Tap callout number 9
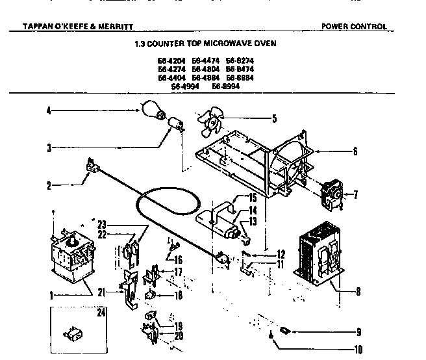358,332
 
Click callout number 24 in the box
101,313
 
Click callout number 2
49,185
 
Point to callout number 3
49,148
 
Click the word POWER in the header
335,27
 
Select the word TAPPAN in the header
23,27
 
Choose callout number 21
100,292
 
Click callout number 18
179,295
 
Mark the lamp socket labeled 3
174,123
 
